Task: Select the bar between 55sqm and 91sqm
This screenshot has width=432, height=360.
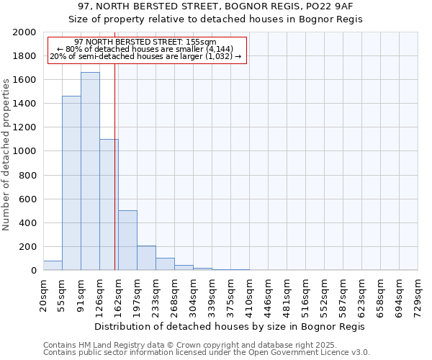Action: point(71,183)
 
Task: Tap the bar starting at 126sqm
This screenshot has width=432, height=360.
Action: point(109,204)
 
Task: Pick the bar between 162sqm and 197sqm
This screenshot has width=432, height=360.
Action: point(127,240)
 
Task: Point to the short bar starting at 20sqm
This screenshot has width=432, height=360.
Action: point(53,266)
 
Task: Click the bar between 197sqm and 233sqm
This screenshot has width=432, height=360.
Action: point(146,258)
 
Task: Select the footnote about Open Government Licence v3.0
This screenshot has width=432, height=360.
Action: point(207,353)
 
